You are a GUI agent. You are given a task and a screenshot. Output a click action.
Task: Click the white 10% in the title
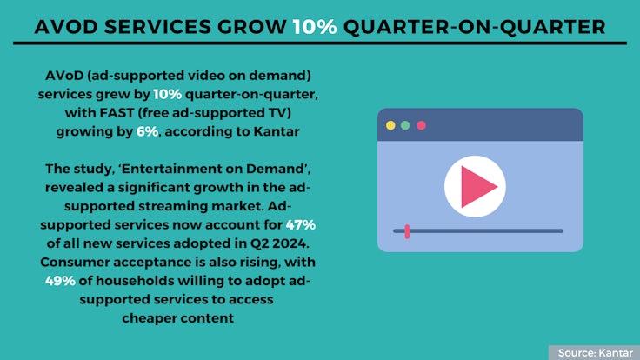click(315, 27)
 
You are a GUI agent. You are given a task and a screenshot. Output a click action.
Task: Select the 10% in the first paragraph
click(167, 94)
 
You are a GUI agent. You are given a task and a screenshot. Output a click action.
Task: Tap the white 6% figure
click(147, 131)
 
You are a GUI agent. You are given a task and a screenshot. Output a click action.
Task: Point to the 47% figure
click(300, 225)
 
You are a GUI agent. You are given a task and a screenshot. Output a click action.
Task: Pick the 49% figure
click(60, 281)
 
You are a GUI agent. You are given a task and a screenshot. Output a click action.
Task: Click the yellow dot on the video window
click(390, 125)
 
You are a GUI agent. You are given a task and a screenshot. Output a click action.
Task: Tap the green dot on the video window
click(405, 125)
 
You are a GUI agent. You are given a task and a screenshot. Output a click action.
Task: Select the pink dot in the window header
click(421, 125)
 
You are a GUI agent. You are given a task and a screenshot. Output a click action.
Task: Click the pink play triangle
click(476, 187)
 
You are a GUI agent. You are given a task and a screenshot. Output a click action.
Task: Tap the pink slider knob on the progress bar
click(407, 231)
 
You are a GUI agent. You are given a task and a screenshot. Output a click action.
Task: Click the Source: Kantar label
click(596, 353)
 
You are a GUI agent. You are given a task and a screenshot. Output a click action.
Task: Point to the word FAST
click(117, 113)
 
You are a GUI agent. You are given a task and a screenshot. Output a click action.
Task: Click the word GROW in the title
click(252, 27)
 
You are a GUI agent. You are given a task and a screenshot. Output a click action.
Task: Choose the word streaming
click(173, 207)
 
